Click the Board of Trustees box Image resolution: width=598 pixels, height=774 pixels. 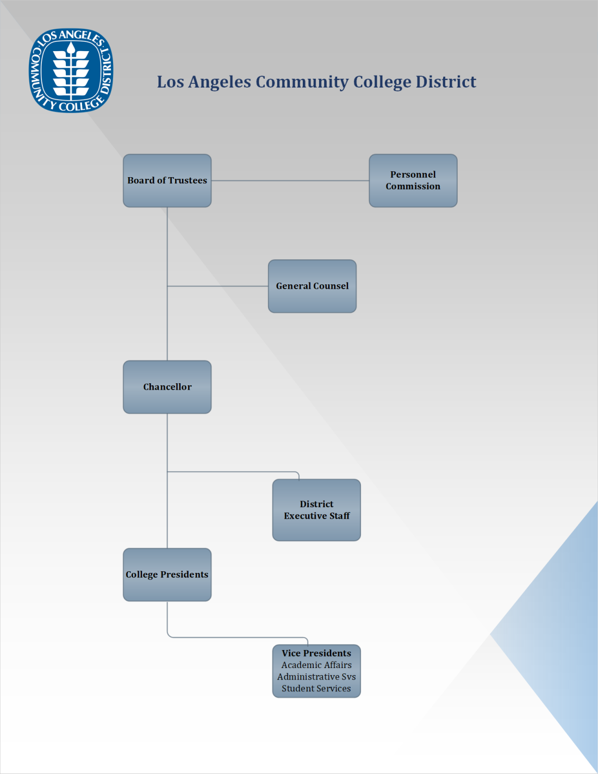tap(167, 180)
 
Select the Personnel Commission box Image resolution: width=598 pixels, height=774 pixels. tap(413, 180)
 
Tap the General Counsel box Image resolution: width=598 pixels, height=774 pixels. tap(312, 286)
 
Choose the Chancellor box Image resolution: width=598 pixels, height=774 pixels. tap(167, 387)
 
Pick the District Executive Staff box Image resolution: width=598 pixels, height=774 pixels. tap(316, 510)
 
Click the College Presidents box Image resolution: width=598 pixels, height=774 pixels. tap(167, 575)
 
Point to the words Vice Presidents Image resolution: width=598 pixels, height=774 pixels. tap(316, 653)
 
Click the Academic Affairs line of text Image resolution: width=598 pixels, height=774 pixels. tap(316, 665)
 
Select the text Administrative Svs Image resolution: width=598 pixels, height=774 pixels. tap(316, 677)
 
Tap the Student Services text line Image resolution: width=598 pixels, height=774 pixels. tap(316, 689)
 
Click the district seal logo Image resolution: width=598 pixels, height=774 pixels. tap(71, 71)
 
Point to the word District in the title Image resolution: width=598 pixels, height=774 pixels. tap(446, 82)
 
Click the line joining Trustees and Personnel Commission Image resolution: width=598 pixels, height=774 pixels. tap(290, 180)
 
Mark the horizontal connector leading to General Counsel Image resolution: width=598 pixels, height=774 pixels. tap(217, 286)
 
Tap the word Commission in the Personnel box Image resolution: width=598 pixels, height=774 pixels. tap(413, 186)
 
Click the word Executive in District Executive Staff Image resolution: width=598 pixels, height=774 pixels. tap(305, 516)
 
